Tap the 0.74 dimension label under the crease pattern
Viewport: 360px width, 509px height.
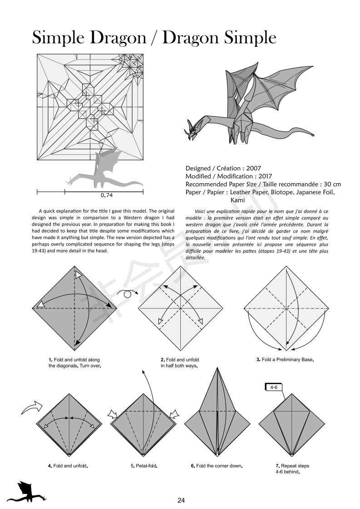(107, 196)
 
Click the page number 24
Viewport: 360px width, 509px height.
(181, 500)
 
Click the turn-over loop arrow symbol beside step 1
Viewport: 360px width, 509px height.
(128, 294)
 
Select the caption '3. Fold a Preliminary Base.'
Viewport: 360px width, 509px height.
(285, 360)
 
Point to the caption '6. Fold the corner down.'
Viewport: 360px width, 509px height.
(217, 466)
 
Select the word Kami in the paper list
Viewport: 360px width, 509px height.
(239, 200)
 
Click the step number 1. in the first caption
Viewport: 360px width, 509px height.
(51, 360)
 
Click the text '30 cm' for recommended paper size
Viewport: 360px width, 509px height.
(331, 184)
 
